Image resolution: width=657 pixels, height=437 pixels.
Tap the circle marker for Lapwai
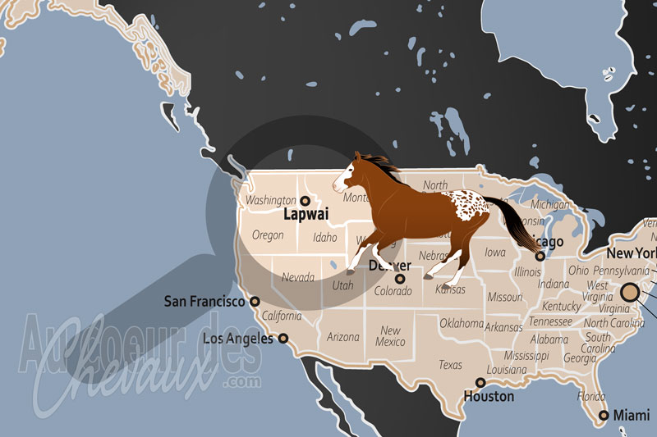click(304, 200)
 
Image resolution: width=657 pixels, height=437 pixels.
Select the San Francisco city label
click(204, 302)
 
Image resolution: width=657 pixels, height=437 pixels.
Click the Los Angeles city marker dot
click(283, 338)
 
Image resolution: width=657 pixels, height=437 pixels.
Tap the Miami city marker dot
click(604, 416)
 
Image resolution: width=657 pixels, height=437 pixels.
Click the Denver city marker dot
click(400, 279)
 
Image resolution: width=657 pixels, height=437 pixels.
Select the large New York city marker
click(630, 292)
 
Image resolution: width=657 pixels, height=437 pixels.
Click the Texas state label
click(450, 365)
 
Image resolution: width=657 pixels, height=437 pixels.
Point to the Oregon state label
click(268, 235)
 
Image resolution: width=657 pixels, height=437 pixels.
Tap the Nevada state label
click(298, 278)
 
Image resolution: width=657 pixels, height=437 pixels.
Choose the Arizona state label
click(343, 336)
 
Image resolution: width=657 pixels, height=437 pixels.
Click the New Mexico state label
click(391, 336)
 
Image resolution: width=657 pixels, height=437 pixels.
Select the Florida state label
click(591, 396)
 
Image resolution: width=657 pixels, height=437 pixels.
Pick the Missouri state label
click(504, 298)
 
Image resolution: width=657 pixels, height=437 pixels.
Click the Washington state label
click(270, 200)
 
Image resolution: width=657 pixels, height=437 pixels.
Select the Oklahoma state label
click(462, 323)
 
